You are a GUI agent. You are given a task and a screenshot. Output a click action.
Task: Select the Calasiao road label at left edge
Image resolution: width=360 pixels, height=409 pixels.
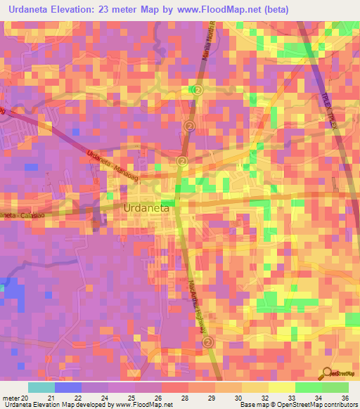click(18, 215)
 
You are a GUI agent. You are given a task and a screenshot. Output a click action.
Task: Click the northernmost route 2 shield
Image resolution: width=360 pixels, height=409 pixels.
click(198, 91)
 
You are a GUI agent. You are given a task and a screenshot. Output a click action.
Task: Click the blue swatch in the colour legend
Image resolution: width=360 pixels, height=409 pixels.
click(68, 387)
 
